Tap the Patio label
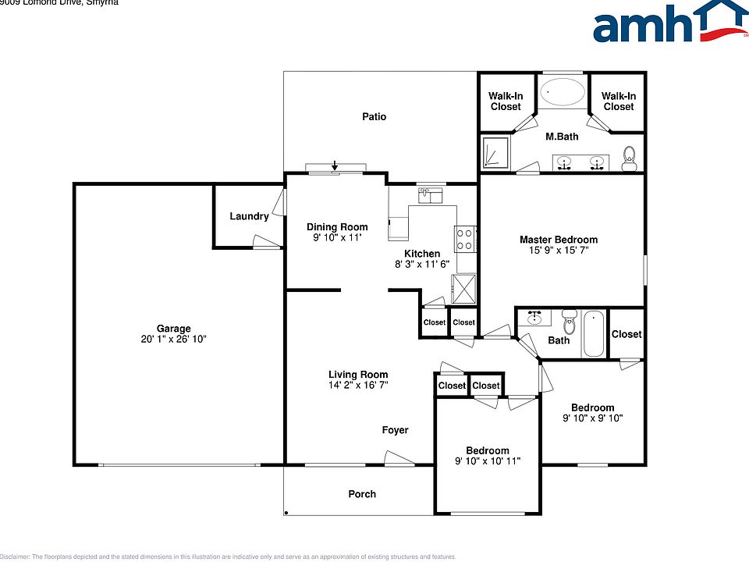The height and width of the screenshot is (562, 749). pyautogui.click(x=374, y=117)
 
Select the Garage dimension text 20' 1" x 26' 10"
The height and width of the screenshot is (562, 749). pyautogui.click(x=173, y=340)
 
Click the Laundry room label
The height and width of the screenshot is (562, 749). pyautogui.click(x=249, y=216)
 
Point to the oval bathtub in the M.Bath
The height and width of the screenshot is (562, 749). pyautogui.click(x=563, y=92)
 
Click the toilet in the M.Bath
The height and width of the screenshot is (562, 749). pyautogui.click(x=630, y=158)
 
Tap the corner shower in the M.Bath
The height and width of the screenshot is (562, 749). pyautogui.click(x=495, y=153)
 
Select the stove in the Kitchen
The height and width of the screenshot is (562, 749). pyautogui.click(x=466, y=238)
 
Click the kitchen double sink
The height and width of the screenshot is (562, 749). pyautogui.click(x=430, y=194)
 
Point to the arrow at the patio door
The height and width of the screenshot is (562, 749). pyautogui.click(x=335, y=165)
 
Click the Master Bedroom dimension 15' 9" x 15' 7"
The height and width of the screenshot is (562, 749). pyautogui.click(x=559, y=251)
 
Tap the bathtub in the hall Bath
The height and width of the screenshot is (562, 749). pyautogui.click(x=593, y=333)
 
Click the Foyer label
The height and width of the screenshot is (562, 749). pyautogui.click(x=395, y=430)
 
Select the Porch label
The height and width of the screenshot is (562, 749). pyautogui.click(x=362, y=494)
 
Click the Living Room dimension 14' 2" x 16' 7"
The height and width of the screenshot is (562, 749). pyautogui.click(x=358, y=385)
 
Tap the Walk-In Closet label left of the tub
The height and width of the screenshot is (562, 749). pyautogui.click(x=506, y=101)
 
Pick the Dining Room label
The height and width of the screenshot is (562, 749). pyautogui.click(x=337, y=227)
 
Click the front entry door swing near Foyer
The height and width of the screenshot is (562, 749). pyautogui.click(x=399, y=461)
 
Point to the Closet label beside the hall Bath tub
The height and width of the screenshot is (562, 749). pyautogui.click(x=627, y=334)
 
